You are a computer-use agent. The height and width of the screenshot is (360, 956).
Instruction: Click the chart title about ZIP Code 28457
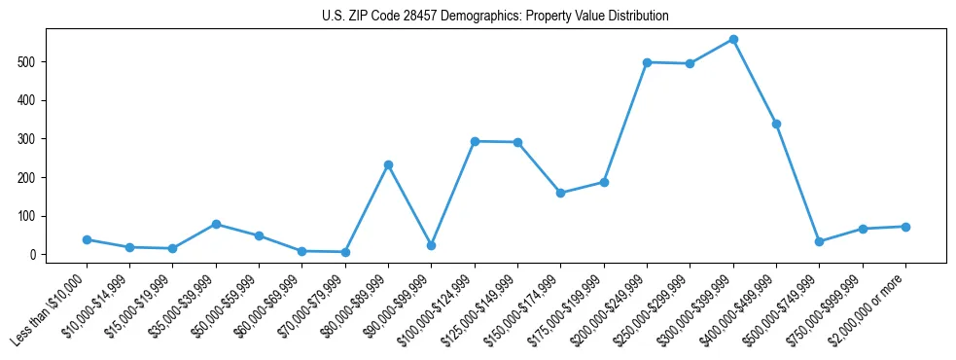click(495, 17)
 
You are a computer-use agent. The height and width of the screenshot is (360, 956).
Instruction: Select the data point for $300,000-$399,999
click(733, 40)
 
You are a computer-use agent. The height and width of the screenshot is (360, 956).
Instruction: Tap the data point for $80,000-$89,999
click(388, 165)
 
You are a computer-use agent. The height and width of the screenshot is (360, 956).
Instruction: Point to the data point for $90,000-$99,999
click(431, 245)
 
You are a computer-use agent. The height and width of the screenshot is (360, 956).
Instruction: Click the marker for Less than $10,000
click(87, 239)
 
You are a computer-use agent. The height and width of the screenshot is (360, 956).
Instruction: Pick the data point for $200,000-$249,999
click(647, 62)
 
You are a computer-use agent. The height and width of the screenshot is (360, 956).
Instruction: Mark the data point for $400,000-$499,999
click(776, 124)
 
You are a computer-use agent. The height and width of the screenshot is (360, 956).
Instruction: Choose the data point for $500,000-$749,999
click(819, 241)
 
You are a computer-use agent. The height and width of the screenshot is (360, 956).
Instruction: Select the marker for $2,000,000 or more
click(905, 227)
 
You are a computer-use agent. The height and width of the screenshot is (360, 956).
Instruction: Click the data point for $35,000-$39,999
click(216, 224)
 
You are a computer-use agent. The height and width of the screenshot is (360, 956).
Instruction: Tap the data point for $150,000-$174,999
click(560, 193)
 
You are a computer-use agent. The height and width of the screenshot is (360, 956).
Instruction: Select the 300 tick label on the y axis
click(34, 139)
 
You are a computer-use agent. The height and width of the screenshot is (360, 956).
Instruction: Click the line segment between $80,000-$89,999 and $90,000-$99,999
click(409, 205)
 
